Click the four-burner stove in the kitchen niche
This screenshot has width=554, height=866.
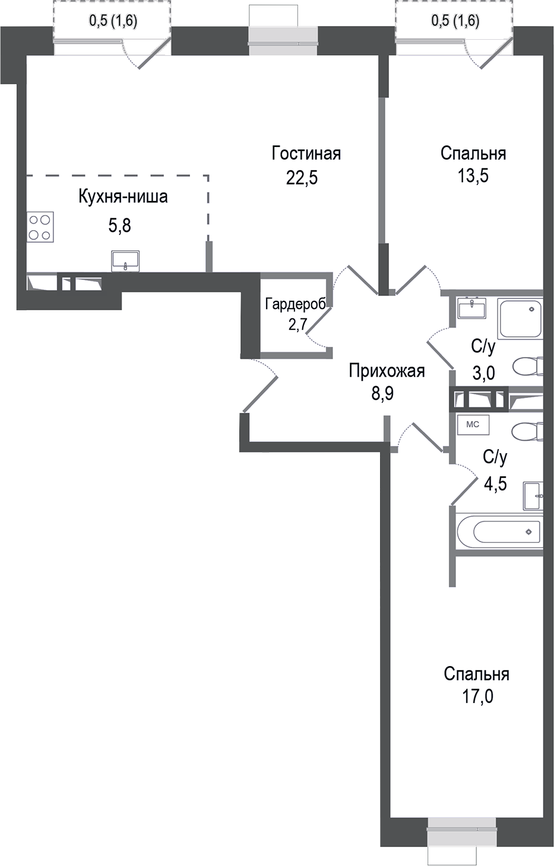(x=40, y=227)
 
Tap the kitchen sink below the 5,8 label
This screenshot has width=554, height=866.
(x=125, y=260)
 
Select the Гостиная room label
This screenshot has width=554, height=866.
(x=306, y=154)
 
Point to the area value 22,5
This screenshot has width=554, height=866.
(x=302, y=177)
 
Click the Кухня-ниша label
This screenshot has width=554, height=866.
(x=123, y=196)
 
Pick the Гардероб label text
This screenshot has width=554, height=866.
(x=295, y=304)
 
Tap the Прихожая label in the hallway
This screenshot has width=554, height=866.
(x=387, y=371)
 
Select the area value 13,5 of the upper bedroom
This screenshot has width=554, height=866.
(x=473, y=176)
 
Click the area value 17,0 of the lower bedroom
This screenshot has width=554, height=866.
(x=477, y=696)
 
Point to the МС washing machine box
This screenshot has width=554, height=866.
(x=473, y=425)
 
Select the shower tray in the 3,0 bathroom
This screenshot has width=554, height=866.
(x=520, y=319)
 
